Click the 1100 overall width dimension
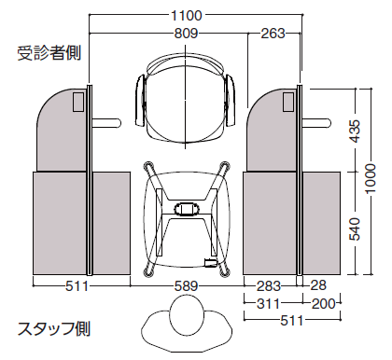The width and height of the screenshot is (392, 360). pyautogui.click(x=190, y=15)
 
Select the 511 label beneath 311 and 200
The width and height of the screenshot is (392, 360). pyautogui.click(x=291, y=322)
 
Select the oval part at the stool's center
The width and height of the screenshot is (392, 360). pyautogui.click(x=185, y=207)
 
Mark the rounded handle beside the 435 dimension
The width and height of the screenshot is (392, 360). pyautogui.click(x=319, y=122)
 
